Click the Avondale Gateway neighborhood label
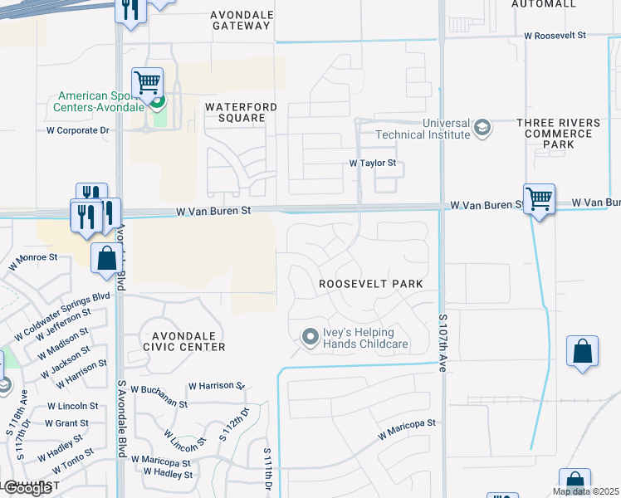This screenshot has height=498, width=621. click(241, 20)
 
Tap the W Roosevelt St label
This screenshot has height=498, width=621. click(555, 36)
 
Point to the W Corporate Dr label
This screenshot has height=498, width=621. click(78, 130)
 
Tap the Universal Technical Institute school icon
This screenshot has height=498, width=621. click(482, 129)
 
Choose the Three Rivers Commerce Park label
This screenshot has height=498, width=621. click(558, 134)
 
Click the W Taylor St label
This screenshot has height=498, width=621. click(371, 164)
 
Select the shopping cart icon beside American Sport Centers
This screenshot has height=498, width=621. click(147, 84)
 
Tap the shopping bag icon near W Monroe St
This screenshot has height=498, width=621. click(107, 258)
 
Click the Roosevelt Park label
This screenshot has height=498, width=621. click(371, 284)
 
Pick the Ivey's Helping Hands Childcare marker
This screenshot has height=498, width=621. click(310, 337)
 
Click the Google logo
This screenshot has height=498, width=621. click(27, 488)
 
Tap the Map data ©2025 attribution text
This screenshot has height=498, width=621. click(585, 491)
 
